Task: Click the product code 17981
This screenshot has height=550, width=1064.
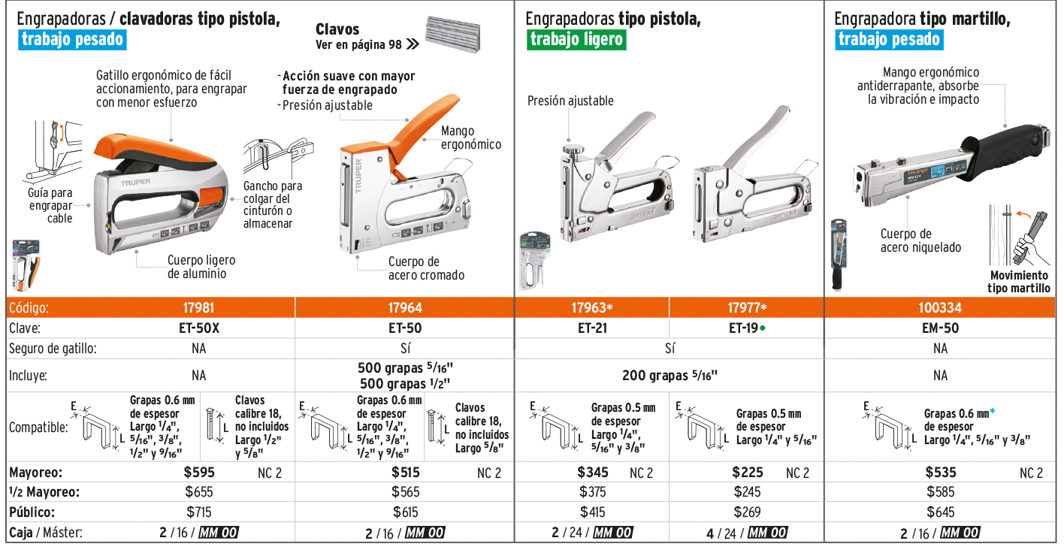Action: (x=198, y=308)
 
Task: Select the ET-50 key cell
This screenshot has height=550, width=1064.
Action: (x=405, y=328)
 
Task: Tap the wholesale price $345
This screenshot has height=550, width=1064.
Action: (x=593, y=472)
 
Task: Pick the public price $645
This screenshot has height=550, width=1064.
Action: (x=940, y=512)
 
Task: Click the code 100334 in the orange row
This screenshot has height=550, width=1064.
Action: (x=940, y=308)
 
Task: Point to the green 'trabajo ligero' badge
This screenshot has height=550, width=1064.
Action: (x=576, y=39)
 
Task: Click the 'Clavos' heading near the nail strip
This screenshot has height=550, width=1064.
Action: (x=337, y=29)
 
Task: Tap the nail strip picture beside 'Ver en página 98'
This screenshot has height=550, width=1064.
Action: (x=452, y=34)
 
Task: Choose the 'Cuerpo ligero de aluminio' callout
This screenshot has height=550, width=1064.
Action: (x=201, y=267)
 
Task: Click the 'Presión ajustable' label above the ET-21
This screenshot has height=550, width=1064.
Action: (x=570, y=101)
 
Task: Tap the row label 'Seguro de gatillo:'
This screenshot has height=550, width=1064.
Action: (x=53, y=349)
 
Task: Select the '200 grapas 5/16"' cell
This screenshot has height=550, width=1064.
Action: (x=670, y=375)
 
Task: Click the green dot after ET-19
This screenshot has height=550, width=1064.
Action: (x=763, y=328)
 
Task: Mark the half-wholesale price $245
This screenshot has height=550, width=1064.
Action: (x=747, y=492)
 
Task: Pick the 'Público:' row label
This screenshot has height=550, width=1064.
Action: (x=32, y=512)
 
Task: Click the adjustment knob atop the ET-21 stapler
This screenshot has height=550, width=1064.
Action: (x=573, y=149)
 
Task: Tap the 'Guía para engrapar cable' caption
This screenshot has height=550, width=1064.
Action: (x=50, y=205)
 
